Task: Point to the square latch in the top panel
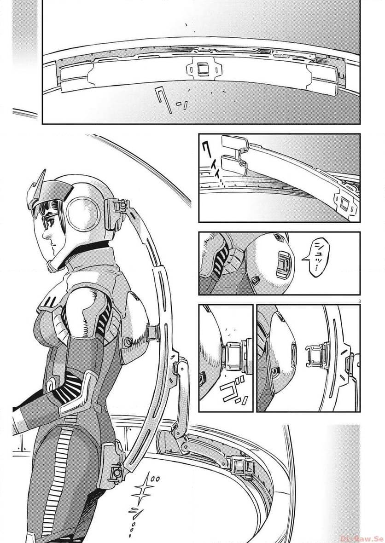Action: (201, 70)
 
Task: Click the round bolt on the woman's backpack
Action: (127, 343)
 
